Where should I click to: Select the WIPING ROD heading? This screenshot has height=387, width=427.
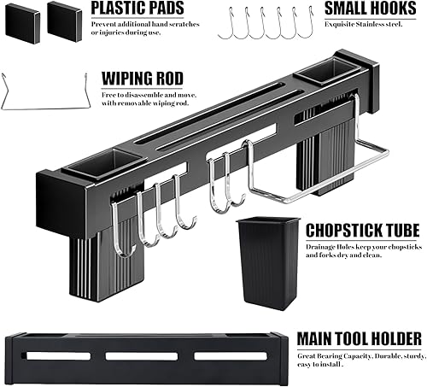142,79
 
